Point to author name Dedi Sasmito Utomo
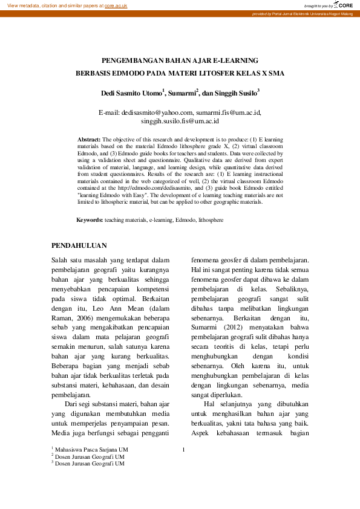(x=131, y=94)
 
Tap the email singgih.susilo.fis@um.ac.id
(x=180, y=121)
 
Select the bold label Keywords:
(x=90, y=220)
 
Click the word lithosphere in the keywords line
(x=211, y=220)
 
